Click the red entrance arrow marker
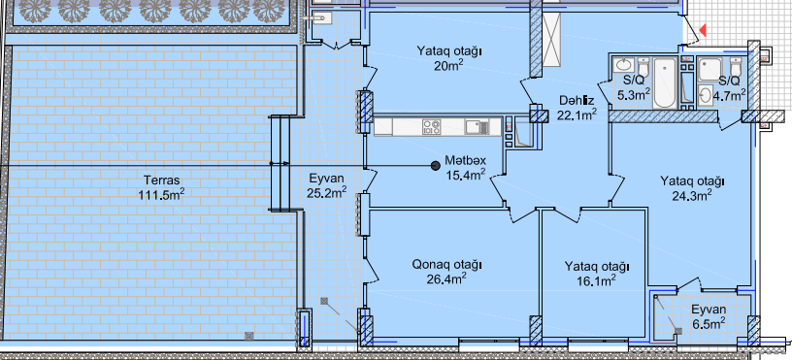[x=702, y=31]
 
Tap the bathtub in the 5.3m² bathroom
[x=665, y=82]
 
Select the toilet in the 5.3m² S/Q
[x=643, y=67]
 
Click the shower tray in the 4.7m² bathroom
[x=710, y=69]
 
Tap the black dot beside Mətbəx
[x=435, y=165]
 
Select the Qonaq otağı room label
[x=447, y=264]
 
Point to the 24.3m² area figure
[x=692, y=194]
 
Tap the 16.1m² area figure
[x=597, y=279]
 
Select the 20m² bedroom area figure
[x=449, y=65]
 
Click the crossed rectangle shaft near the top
[x=552, y=40]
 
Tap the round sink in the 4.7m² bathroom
[x=705, y=93]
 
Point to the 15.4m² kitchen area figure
[x=466, y=176]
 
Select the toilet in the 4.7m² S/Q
[x=736, y=67]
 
